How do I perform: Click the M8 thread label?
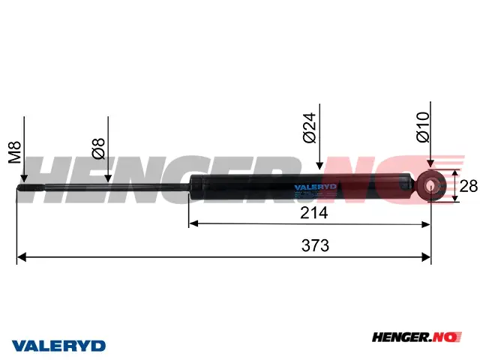pyautogui.click(x=14, y=152)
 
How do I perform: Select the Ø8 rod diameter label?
pyautogui.click(x=98, y=148)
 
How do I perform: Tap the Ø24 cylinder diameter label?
pyautogui.click(x=309, y=127)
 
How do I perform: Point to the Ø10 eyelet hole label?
pyautogui.click(x=423, y=127)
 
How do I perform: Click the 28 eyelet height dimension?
pyautogui.click(x=468, y=186)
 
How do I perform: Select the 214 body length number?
pyautogui.click(x=313, y=213)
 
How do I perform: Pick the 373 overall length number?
pyautogui.click(x=315, y=245)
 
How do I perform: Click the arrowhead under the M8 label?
pyautogui.click(x=24, y=178)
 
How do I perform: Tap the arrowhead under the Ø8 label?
pyautogui.click(x=108, y=178)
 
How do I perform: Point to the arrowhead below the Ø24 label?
pyautogui.click(x=319, y=165)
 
